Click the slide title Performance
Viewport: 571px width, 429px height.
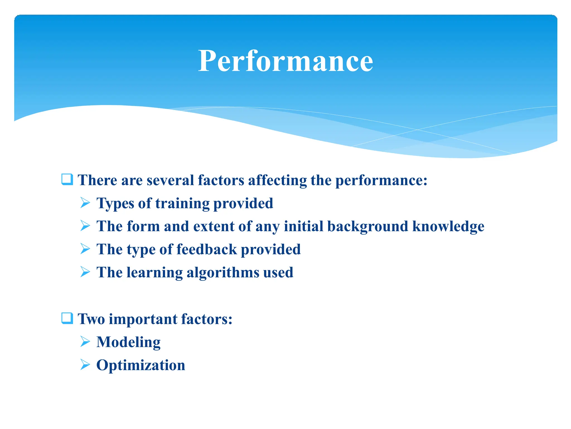point(285,61)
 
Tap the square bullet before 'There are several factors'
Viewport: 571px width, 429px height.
point(67,179)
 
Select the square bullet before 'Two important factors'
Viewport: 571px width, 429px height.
point(67,318)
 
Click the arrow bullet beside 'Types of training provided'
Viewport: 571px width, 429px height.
point(85,203)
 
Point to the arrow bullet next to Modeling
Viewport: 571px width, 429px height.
point(85,341)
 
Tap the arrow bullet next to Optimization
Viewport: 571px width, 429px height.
point(85,364)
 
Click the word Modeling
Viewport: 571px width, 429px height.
point(128,342)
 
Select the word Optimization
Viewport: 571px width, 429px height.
point(141,365)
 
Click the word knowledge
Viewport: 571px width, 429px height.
point(448,226)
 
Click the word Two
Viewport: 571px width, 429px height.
point(91,319)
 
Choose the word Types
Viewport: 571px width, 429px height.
point(115,203)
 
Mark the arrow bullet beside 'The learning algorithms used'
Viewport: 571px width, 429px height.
point(85,272)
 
